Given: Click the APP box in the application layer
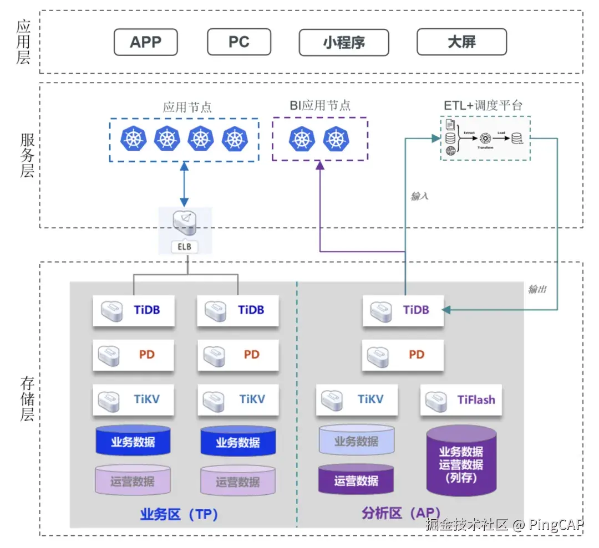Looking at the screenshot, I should [x=145, y=42].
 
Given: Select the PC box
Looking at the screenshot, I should [x=239, y=42].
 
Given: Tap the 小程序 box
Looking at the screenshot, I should [x=344, y=42].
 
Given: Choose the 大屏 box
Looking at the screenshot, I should [x=461, y=42].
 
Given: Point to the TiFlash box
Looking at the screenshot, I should [x=461, y=400].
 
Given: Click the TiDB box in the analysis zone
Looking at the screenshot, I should [x=403, y=310].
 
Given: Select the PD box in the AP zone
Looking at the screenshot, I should [x=403, y=355].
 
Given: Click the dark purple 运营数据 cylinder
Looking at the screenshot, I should [x=356, y=480].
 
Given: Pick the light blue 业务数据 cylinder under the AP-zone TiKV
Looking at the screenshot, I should [x=356, y=442].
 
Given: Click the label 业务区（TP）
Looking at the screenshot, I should [x=179, y=514].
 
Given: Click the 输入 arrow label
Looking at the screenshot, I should [x=419, y=196].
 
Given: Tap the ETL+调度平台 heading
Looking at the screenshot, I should [x=483, y=105].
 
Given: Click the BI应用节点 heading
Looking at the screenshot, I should [x=320, y=105].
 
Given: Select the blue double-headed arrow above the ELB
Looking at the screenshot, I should [x=184, y=185].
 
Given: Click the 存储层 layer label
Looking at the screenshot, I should [x=27, y=399].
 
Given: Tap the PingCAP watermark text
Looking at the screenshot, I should [x=555, y=524].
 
